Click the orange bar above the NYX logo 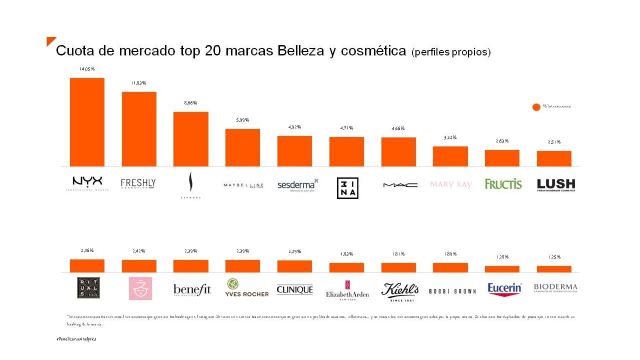click(x=87, y=121)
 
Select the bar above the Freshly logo click(x=138, y=129)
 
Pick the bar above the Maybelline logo click(x=242, y=147)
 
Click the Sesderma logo click(x=295, y=184)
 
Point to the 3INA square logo click(x=345, y=185)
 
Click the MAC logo click(x=398, y=184)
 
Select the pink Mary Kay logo click(x=449, y=184)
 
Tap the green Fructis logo click(x=502, y=184)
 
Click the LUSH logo click(x=554, y=184)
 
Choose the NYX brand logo click(x=87, y=183)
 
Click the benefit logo click(x=190, y=289)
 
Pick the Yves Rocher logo click(x=242, y=290)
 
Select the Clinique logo click(x=295, y=289)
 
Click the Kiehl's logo click(x=398, y=290)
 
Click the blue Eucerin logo click(x=502, y=289)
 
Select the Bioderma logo click(x=554, y=289)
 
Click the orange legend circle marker click(x=536, y=105)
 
